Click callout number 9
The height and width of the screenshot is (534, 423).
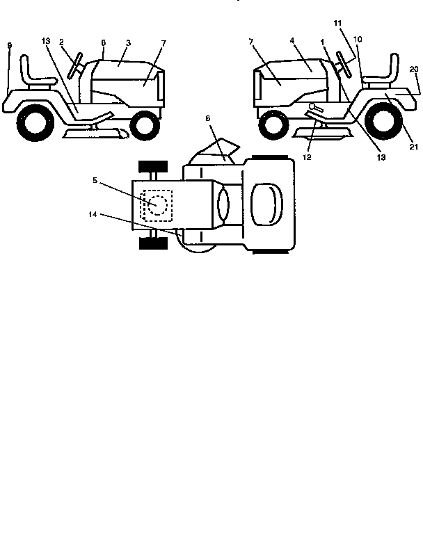(9, 45)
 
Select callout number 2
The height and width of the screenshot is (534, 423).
(61, 42)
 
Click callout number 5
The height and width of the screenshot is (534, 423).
(95, 179)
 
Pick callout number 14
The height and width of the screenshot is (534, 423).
(93, 215)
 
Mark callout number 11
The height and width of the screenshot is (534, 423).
(338, 24)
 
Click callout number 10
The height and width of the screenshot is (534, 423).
(357, 39)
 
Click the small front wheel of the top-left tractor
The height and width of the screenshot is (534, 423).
(145, 124)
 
